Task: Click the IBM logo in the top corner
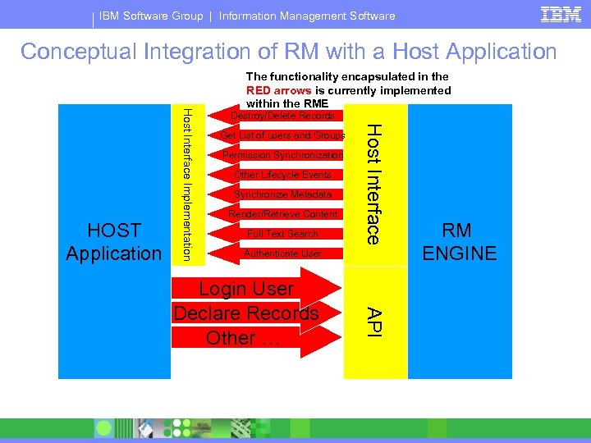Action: (x=561, y=14)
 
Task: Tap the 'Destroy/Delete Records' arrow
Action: (x=282, y=116)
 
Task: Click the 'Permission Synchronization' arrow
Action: (x=282, y=155)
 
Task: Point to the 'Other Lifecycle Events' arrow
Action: (x=282, y=175)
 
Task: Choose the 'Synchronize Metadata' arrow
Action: (x=282, y=194)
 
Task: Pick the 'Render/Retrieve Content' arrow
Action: (x=282, y=214)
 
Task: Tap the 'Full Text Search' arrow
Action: (x=282, y=234)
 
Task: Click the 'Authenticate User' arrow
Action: (x=282, y=253)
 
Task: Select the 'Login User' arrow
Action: (x=246, y=289)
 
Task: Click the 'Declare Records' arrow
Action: (x=246, y=313)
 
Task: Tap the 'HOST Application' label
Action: (x=114, y=241)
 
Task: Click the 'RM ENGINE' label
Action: (x=460, y=241)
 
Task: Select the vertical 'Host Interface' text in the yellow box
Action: (x=373, y=184)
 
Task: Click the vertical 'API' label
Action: (x=373, y=321)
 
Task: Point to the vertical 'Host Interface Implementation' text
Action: (x=187, y=184)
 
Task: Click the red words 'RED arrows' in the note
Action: (x=277, y=90)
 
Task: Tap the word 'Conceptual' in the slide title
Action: (x=78, y=52)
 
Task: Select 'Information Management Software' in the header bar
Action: (x=307, y=16)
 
